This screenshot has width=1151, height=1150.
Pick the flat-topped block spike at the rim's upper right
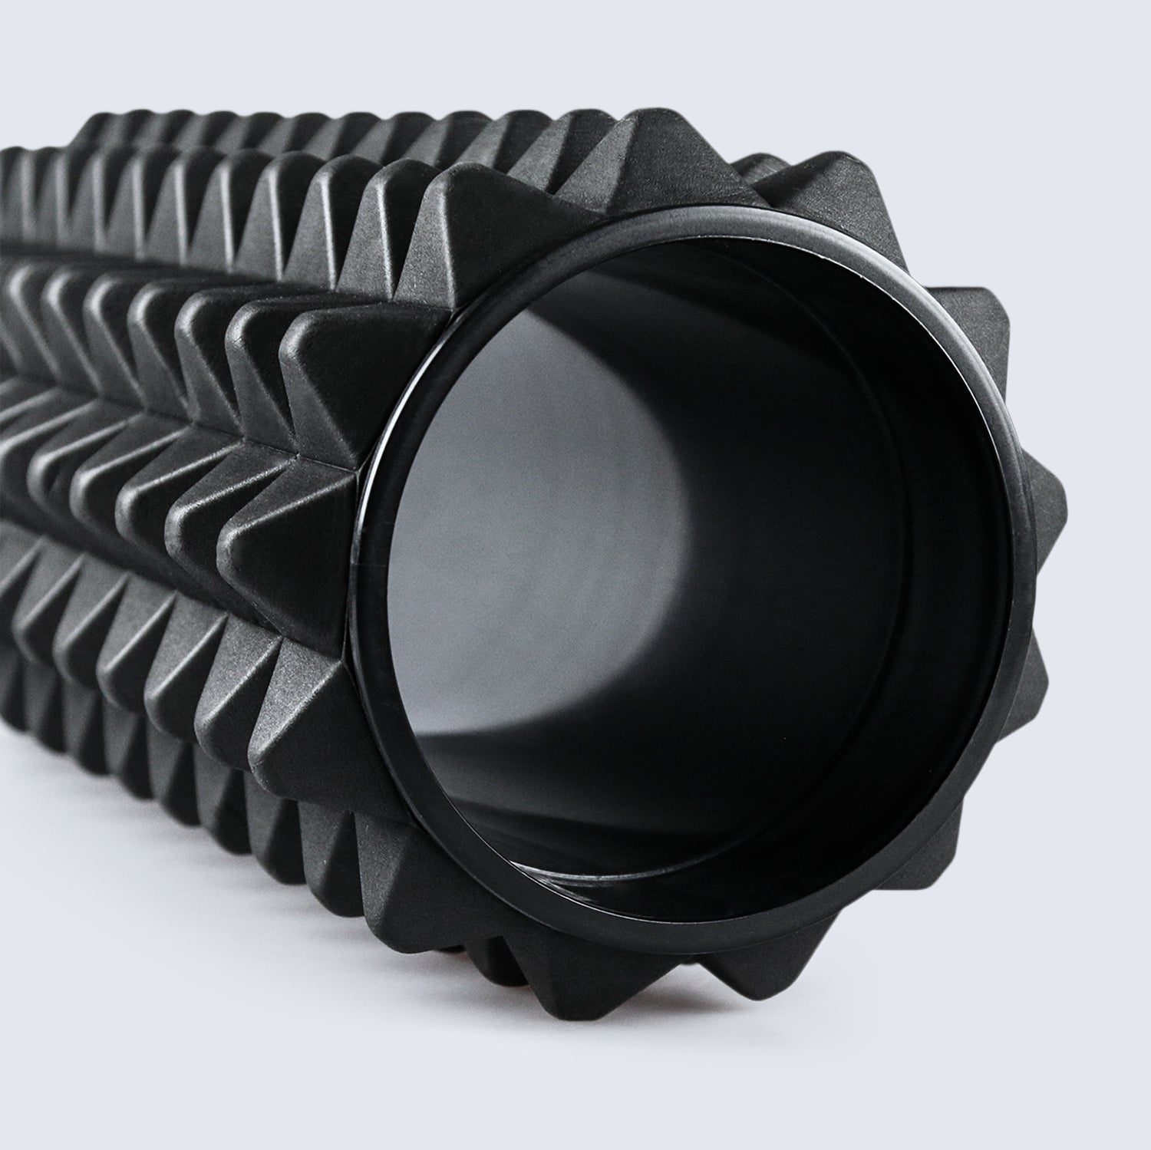tap(967, 322)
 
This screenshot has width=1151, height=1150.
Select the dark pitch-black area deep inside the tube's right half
tap(806, 614)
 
